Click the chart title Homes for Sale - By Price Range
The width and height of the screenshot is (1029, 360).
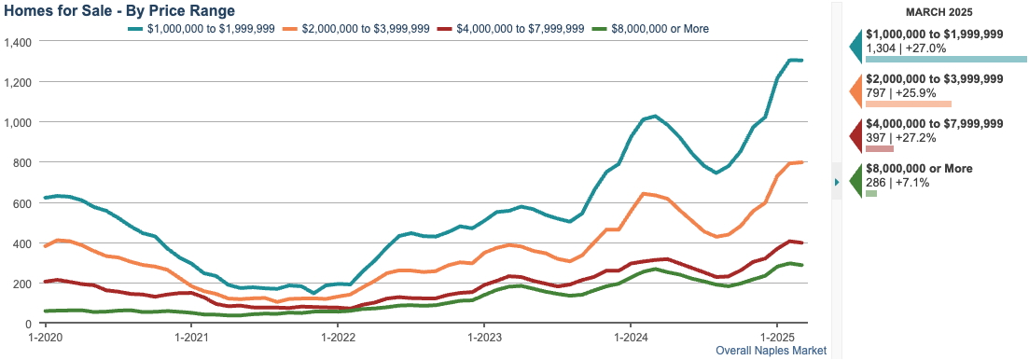119,10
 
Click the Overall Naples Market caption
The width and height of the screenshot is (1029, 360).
771,352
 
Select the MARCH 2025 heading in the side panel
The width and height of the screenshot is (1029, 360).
939,12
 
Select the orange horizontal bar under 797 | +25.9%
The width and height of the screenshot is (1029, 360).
908,104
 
